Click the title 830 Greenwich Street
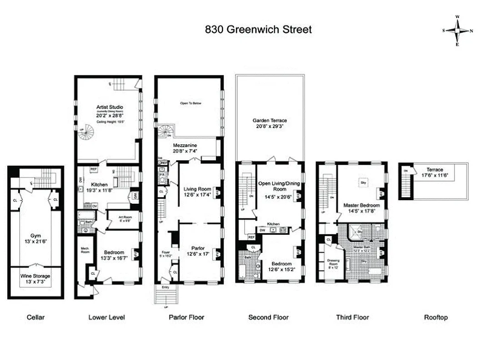point(258,30)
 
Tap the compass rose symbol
point(457,30)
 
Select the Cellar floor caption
point(35,317)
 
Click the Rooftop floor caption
point(435,317)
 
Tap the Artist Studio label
point(110,107)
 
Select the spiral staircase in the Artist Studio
point(86,133)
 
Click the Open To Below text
point(190,103)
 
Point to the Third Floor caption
point(352,317)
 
